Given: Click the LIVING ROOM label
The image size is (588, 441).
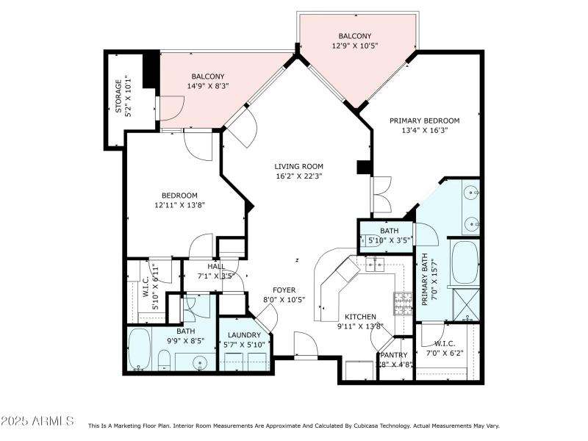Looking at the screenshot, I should [x=299, y=166].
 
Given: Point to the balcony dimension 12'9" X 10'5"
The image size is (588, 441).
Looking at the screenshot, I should [x=355, y=46].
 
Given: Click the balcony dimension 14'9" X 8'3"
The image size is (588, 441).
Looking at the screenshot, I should [x=208, y=86].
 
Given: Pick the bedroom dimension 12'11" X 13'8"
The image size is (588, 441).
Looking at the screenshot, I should [x=179, y=205].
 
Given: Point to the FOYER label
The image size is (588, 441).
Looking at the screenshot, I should [x=284, y=290].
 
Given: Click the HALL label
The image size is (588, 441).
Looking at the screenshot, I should [x=216, y=267].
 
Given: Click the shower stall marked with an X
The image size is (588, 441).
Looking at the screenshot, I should [x=465, y=303].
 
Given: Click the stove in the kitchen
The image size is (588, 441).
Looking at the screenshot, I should [x=404, y=302].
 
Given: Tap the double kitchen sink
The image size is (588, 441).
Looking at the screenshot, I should [x=376, y=264].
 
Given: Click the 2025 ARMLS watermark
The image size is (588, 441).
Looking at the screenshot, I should [x=37, y=421].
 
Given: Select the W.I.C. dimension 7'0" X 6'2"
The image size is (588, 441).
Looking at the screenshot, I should [x=443, y=353].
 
